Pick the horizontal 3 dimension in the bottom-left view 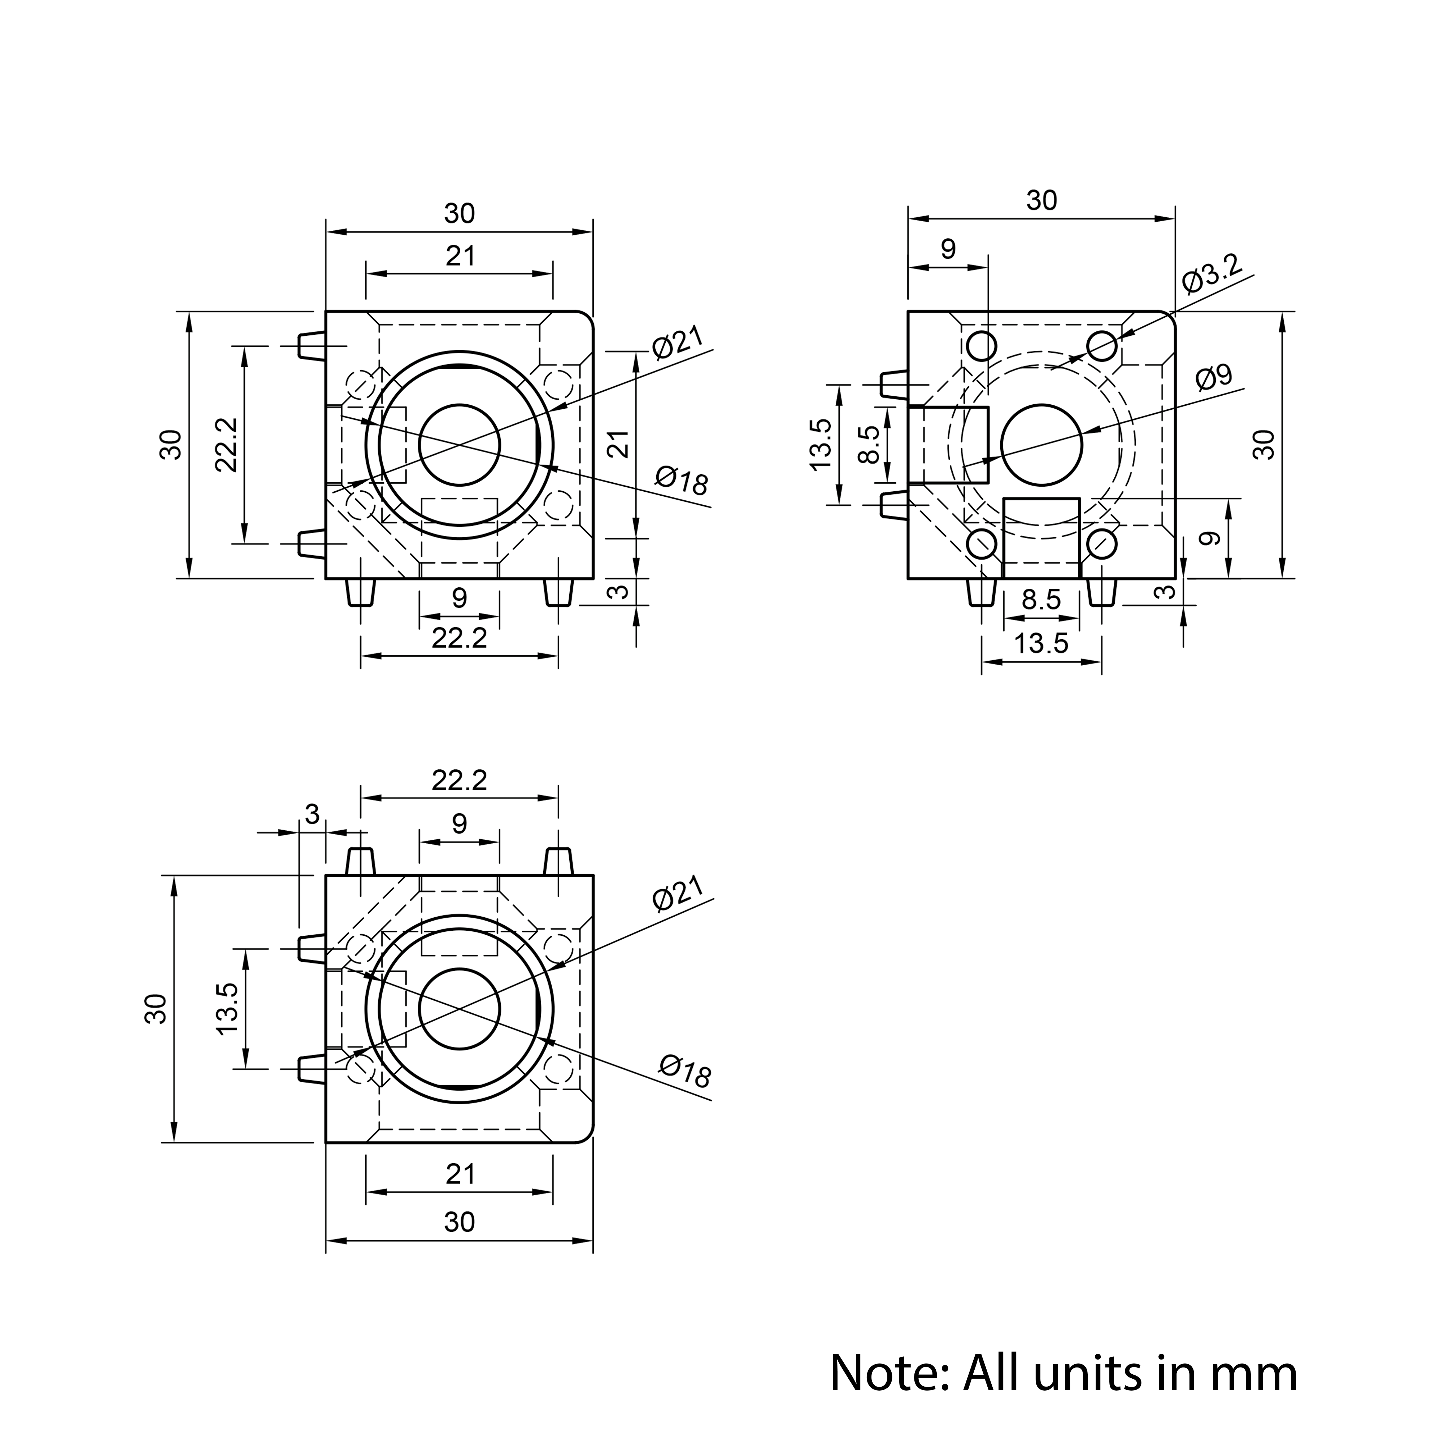(x=312, y=814)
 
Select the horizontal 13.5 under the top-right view (x=1041, y=643)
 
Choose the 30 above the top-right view (x=1041, y=200)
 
